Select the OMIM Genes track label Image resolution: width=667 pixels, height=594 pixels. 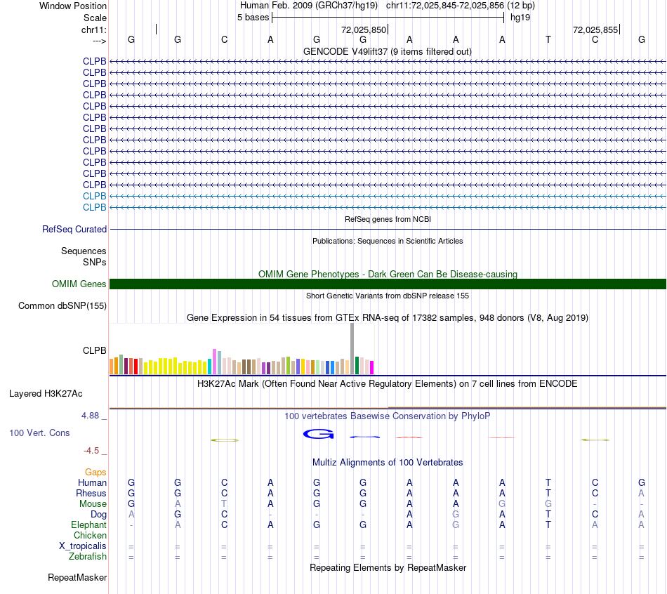click(x=79, y=284)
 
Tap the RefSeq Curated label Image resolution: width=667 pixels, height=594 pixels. click(x=74, y=230)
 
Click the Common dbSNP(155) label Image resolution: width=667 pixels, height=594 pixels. click(x=62, y=306)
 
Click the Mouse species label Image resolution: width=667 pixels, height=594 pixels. click(x=93, y=504)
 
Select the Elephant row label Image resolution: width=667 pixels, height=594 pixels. click(x=88, y=525)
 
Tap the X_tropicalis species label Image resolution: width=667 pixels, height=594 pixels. click(x=83, y=546)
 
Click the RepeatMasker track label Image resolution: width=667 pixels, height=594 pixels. click(x=77, y=578)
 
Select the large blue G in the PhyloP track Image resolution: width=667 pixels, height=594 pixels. click(x=318, y=435)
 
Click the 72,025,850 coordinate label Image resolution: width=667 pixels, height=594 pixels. click(x=363, y=30)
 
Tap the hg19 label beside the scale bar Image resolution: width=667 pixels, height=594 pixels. click(x=520, y=18)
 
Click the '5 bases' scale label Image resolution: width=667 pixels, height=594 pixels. click(x=253, y=18)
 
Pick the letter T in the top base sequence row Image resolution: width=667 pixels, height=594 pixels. click(x=548, y=40)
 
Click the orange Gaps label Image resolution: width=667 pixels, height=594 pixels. click(x=95, y=473)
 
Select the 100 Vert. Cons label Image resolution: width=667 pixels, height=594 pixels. click(x=39, y=433)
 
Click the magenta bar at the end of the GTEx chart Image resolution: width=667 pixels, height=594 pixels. click(x=372, y=367)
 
